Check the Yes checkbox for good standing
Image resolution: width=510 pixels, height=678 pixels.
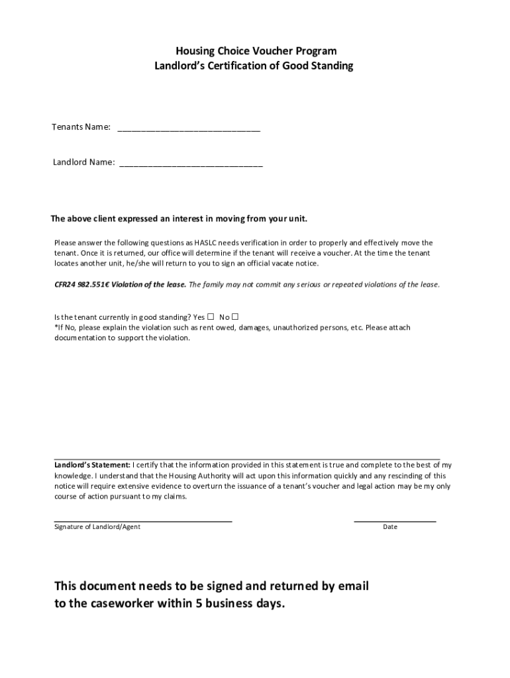[x=211, y=316]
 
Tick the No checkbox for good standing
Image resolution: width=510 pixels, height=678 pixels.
[x=235, y=316]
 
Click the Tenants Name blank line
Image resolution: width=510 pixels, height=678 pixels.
[x=189, y=129]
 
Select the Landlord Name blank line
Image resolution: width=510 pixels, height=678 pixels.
[x=191, y=164]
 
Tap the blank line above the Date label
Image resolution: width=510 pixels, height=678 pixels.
[x=395, y=521]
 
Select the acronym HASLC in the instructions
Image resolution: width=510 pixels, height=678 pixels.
[x=207, y=243]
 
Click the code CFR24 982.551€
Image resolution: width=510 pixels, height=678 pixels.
[x=82, y=285]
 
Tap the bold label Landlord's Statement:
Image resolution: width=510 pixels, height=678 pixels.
[x=92, y=465]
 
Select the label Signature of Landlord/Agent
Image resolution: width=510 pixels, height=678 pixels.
[x=97, y=527]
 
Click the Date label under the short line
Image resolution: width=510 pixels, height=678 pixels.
[x=390, y=527]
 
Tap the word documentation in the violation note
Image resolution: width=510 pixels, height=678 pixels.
[x=79, y=338]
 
